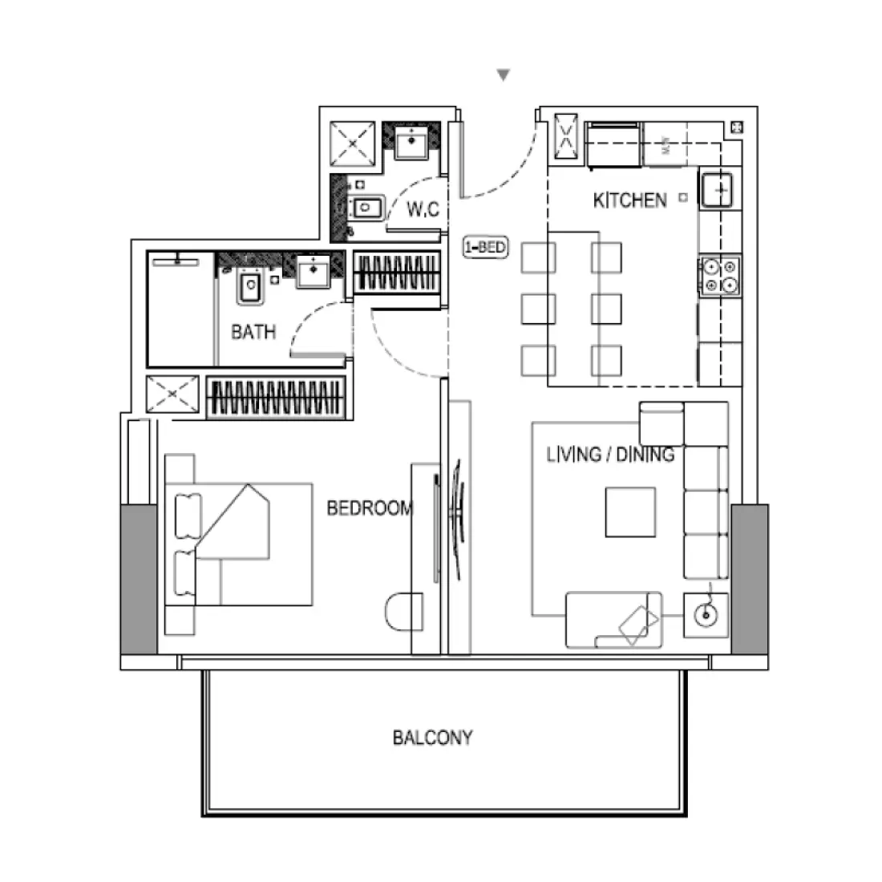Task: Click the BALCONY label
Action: [432, 738]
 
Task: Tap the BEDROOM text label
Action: [369, 508]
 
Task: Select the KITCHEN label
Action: [629, 200]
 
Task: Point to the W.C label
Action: [423, 210]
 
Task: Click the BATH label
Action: [253, 331]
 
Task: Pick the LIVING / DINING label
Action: [609, 455]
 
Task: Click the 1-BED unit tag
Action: [486, 247]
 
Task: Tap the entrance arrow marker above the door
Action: [504, 75]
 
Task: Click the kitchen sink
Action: [719, 190]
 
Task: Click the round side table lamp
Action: [706, 615]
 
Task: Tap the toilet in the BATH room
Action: [249, 286]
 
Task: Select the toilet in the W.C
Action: [366, 208]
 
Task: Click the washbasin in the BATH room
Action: [313, 271]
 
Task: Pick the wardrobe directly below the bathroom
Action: [277, 397]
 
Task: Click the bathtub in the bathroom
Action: [181, 309]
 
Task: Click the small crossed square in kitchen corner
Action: [736, 127]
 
